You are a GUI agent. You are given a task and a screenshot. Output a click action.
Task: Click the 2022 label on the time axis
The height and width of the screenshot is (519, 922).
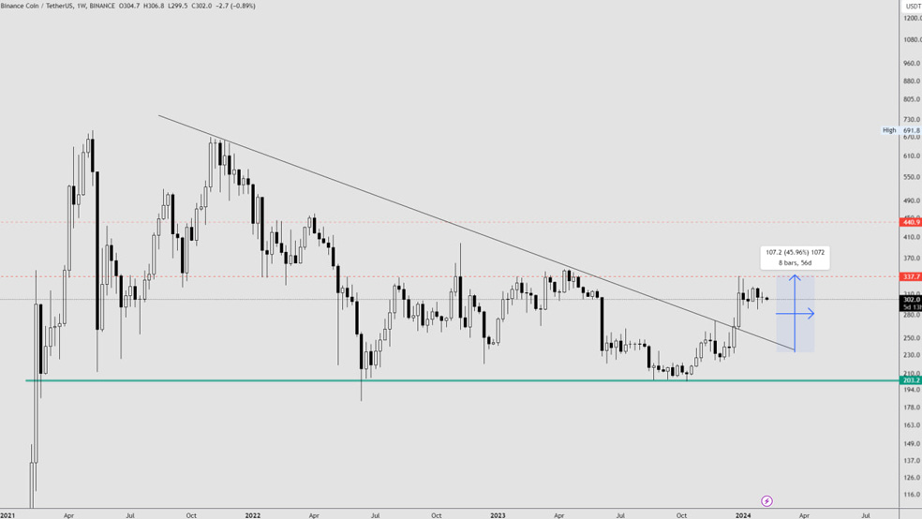pos(252,514)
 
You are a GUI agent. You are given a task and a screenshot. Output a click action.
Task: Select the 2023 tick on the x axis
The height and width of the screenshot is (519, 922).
pos(498,514)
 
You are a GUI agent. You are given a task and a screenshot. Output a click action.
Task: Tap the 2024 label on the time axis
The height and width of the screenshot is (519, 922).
pos(743,514)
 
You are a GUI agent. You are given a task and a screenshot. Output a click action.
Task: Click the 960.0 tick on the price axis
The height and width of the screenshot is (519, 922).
pos(911,63)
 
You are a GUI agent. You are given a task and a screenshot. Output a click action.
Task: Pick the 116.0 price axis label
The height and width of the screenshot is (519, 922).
pos(911,495)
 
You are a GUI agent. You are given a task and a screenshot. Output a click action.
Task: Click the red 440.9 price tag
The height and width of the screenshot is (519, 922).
pos(911,222)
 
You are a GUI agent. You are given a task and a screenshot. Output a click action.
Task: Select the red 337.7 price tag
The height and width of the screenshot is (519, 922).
pos(911,276)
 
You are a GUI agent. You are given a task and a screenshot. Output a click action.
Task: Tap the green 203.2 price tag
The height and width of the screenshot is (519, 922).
pos(911,380)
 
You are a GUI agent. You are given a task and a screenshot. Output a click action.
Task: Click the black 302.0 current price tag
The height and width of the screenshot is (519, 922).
pos(911,300)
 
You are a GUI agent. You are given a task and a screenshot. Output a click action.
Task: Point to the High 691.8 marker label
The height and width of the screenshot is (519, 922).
pos(901,130)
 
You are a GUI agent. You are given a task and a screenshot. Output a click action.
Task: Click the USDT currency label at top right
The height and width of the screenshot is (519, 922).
pos(912,6)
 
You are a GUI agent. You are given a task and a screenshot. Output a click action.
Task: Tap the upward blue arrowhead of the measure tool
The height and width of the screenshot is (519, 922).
pos(795,277)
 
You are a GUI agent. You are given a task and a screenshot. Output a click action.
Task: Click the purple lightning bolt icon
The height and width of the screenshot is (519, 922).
pos(766,501)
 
